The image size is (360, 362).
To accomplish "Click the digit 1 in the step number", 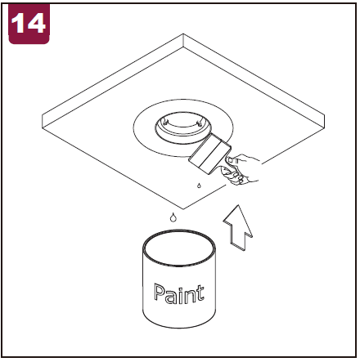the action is click(x=18, y=24).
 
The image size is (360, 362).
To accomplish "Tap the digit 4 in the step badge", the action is click(x=35, y=24).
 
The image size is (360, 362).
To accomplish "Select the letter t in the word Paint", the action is click(x=200, y=293).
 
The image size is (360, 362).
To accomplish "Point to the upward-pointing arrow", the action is click(x=238, y=228).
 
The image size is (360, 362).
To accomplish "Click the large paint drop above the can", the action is click(x=173, y=217).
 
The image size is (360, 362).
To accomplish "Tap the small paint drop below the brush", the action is click(x=199, y=185).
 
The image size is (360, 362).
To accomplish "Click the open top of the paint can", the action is click(x=179, y=248).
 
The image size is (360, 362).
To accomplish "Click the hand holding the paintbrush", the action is click(x=241, y=170).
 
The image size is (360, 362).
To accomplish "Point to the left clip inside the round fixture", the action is click(x=165, y=122).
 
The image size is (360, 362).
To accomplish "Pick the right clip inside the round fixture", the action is click(x=200, y=123).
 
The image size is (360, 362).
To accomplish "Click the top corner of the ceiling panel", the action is click(x=183, y=34).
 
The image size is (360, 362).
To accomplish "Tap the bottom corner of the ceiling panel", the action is click(x=183, y=209).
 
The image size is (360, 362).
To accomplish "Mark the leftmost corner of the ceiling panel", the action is click(x=43, y=115).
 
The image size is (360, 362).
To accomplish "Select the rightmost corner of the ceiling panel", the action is click(x=325, y=115).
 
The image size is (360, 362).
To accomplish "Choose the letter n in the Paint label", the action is click(x=188, y=296).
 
